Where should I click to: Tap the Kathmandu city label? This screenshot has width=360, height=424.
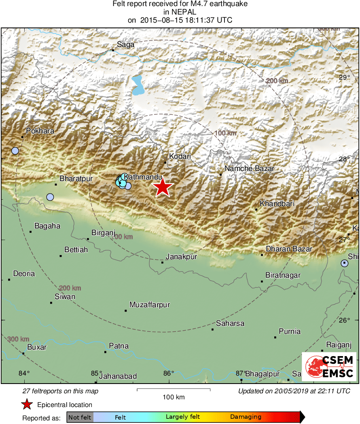pos(143,177)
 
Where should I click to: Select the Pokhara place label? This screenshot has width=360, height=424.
pos(40,131)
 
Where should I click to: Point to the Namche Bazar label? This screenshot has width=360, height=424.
pos(250,169)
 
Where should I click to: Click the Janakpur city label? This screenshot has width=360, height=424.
pos(182,257)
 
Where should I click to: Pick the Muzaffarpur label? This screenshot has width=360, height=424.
pos(150,304)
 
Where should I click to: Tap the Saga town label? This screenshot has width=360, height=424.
pos(125,45)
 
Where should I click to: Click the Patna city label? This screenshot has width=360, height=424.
pos(119,346)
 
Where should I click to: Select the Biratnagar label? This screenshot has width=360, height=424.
pos(283,275)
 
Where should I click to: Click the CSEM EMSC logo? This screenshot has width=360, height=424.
pos(329,366)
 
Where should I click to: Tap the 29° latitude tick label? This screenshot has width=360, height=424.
pos(344,77)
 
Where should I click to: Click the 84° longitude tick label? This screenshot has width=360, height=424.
pos(25,373)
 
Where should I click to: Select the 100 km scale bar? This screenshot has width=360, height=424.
pos(174,390)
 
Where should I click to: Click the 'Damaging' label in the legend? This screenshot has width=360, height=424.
pos(246,417)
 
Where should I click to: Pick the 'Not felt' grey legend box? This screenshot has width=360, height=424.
pos(80,417)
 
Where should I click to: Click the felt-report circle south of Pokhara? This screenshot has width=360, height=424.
pos(15,151)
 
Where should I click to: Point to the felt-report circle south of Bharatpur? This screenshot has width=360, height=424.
pos(50,197)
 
